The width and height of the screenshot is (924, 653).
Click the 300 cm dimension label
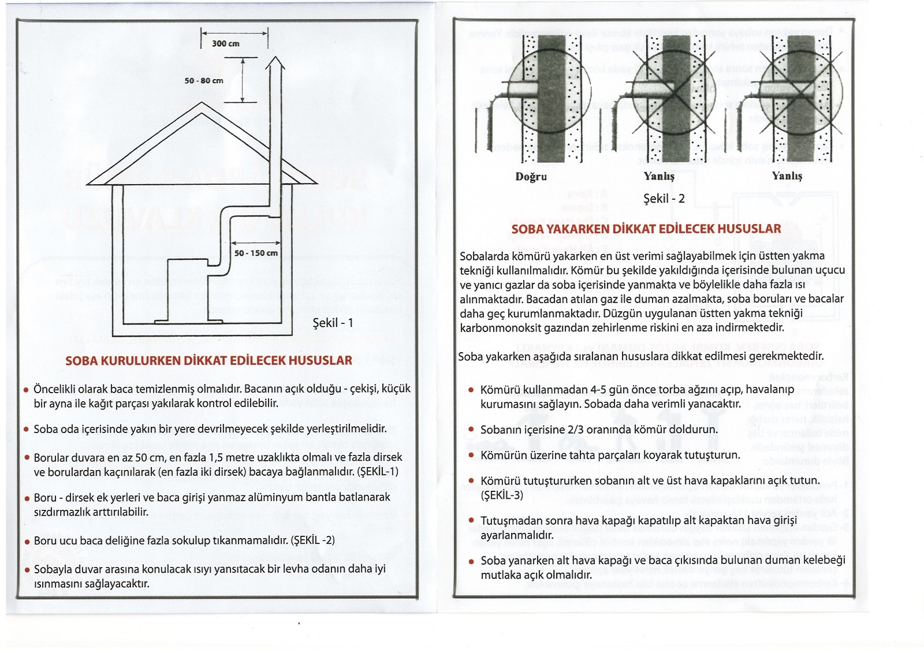tap(225, 43)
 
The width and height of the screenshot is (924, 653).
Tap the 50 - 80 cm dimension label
tap(204, 80)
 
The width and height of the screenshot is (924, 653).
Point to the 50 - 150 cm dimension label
tap(256, 253)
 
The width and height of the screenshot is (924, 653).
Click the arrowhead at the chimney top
tap(276, 62)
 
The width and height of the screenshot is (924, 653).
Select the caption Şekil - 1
tap(333, 323)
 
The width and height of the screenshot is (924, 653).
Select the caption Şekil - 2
tap(664, 199)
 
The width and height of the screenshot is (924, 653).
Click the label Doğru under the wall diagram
tap(531, 177)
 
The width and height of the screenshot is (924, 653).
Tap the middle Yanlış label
tap(659, 176)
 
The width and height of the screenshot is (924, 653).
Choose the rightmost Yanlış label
tap(787, 176)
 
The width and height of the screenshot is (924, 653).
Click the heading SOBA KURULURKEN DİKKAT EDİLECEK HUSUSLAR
tap(208, 361)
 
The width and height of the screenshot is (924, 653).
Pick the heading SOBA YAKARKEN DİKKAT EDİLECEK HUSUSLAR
tap(646, 229)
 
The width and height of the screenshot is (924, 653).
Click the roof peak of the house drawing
tap(202, 114)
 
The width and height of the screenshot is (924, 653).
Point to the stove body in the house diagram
tap(188, 289)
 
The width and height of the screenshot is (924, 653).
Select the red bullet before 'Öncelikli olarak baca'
tap(26, 390)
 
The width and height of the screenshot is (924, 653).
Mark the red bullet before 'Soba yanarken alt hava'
tap(472, 561)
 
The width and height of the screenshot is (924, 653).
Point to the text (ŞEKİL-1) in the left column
tap(378, 472)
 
